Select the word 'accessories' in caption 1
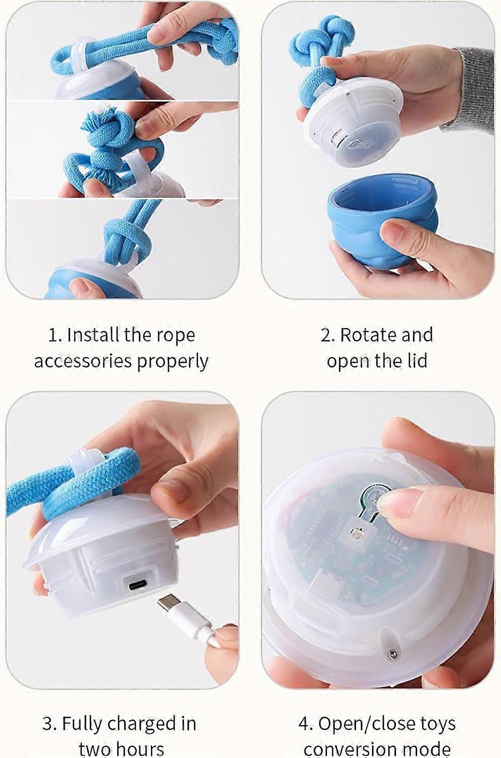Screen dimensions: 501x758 [82, 362]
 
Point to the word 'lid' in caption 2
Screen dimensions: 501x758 [418, 361]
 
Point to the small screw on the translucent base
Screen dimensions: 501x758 [393, 653]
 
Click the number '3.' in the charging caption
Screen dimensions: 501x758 [49, 724]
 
